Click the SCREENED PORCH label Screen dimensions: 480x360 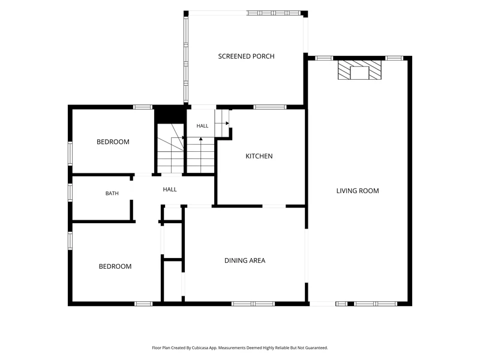[246, 56]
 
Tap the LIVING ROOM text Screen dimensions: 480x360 [358, 191]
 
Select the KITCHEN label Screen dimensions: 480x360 [259, 156]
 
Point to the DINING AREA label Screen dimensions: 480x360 [245, 260]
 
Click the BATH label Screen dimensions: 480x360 [112, 193]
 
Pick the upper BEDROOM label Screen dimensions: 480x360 [113, 142]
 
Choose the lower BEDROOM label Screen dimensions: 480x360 [115, 266]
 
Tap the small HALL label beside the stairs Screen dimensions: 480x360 [202, 126]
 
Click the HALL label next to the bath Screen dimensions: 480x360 [170, 190]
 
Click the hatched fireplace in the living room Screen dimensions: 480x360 [359, 70]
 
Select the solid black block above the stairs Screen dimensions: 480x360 [170, 114]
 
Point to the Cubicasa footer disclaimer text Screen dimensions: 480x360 [240, 348]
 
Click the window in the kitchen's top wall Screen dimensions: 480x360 [269, 107]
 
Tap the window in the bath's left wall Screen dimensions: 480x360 [70, 192]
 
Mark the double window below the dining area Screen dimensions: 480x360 [253, 304]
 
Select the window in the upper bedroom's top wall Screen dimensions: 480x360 [143, 107]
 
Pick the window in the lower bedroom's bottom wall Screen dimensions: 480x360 [143, 304]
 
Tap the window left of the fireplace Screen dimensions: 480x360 [324, 58]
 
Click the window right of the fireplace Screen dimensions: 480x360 [394, 58]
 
